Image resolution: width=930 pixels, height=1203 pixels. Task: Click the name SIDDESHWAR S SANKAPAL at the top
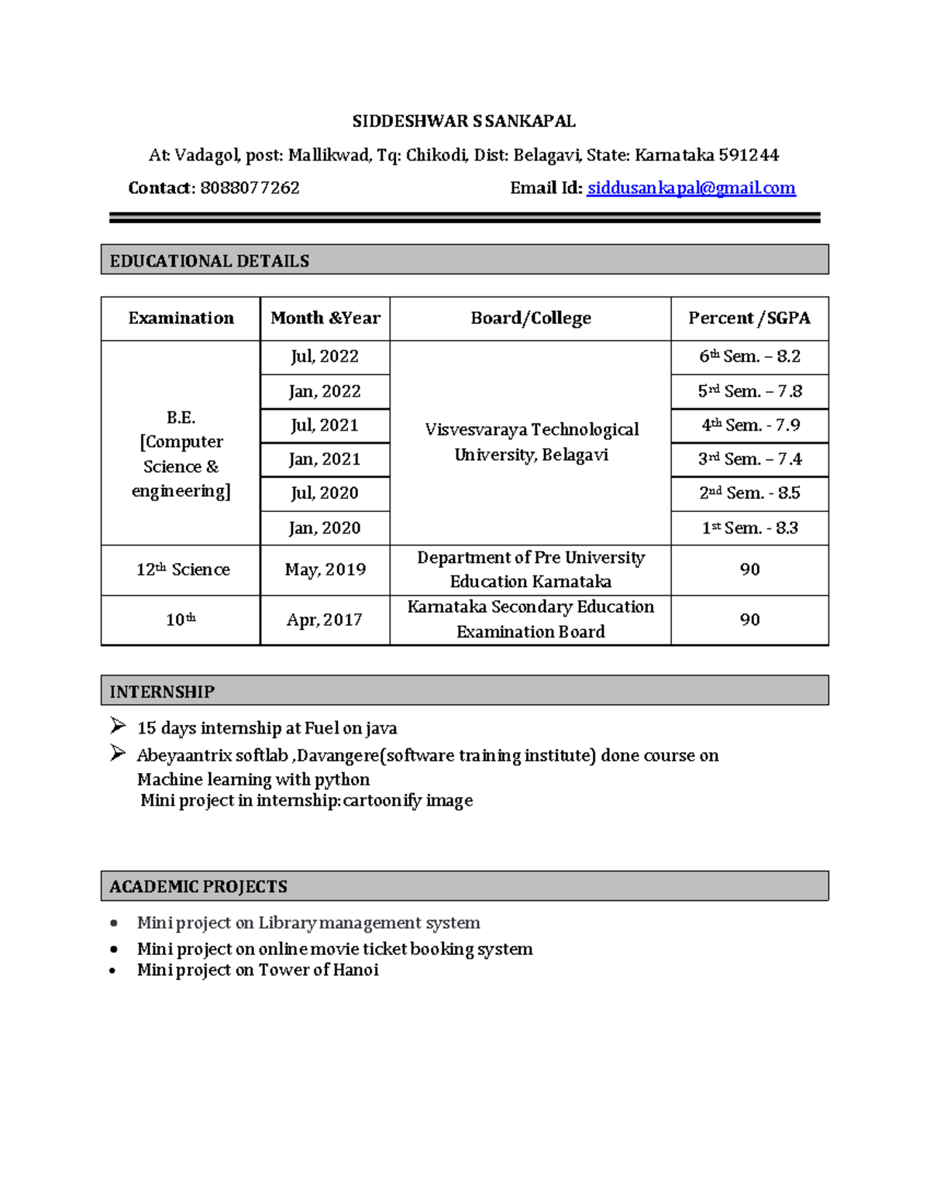pyautogui.click(x=463, y=122)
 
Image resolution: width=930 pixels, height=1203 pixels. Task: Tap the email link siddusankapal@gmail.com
pyautogui.click(x=691, y=188)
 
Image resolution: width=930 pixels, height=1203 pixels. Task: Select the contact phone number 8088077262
pyautogui.click(x=250, y=188)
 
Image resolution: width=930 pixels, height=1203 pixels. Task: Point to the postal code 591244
pyautogui.click(x=748, y=156)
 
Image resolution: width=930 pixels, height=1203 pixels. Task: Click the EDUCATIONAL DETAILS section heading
pyautogui.click(x=209, y=261)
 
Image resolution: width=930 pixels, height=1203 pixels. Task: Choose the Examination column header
pyautogui.click(x=181, y=318)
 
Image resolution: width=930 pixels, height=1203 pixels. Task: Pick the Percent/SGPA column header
pyautogui.click(x=749, y=318)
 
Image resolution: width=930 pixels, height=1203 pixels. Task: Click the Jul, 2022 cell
pyautogui.click(x=325, y=356)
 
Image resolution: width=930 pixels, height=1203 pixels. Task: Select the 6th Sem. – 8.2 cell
pyautogui.click(x=749, y=356)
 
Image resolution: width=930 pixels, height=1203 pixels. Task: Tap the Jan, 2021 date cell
pyautogui.click(x=325, y=459)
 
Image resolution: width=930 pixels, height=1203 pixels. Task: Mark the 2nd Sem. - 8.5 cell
pyautogui.click(x=749, y=493)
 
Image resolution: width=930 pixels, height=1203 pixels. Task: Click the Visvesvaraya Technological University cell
pyautogui.click(x=531, y=442)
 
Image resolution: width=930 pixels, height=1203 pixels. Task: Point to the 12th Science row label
pyautogui.click(x=183, y=569)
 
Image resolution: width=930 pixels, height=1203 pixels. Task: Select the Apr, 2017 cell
pyautogui.click(x=325, y=620)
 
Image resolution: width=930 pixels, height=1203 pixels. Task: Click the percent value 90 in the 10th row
pyautogui.click(x=749, y=620)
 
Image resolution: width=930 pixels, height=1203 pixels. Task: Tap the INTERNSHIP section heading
pyautogui.click(x=162, y=692)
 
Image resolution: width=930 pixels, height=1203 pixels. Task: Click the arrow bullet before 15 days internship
pyautogui.click(x=118, y=727)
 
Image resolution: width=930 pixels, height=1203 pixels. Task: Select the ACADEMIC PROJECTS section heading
pyautogui.click(x=198, y=887)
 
